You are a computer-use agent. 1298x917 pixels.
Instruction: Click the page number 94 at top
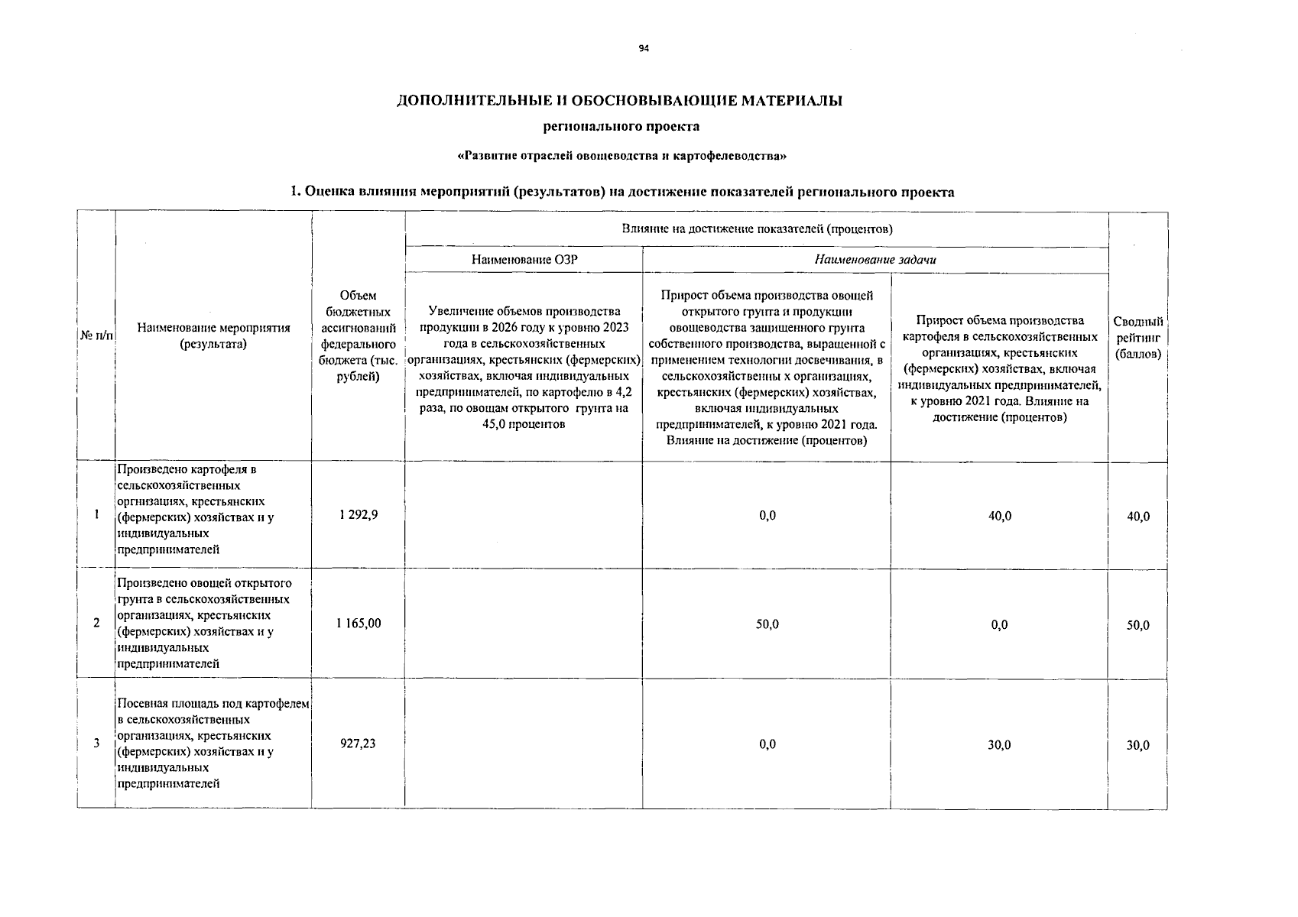pos(644,49)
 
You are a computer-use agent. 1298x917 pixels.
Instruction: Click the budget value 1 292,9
pos(358,515)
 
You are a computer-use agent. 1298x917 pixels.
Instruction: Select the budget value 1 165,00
pos(358,624)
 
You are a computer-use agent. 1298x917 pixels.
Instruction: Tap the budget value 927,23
pos(358,743)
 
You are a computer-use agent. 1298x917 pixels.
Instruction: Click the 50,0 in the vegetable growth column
pos(767,624)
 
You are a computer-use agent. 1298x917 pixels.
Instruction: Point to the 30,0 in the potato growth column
pos(999,744)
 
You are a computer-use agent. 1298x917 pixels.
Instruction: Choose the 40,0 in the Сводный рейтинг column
pos(1137,517)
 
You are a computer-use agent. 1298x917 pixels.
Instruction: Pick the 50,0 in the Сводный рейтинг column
pos(1137,625)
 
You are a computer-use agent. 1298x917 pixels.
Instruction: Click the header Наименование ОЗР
pos(524,260)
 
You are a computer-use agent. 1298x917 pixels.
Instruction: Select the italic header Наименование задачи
pos(875,260)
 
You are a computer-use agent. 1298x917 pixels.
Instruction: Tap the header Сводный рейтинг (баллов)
pos(1137,338)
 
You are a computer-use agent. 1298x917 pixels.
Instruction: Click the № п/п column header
pos(96,336)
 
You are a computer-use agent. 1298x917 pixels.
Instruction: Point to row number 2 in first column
pos(96,623)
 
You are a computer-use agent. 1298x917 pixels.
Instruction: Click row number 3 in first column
pos(96,743)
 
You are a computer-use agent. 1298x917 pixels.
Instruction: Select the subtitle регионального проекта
pos(621,126)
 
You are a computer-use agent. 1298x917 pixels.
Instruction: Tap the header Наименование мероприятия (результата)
pos(213,336)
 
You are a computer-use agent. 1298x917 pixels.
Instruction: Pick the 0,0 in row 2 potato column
pos(999,625)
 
